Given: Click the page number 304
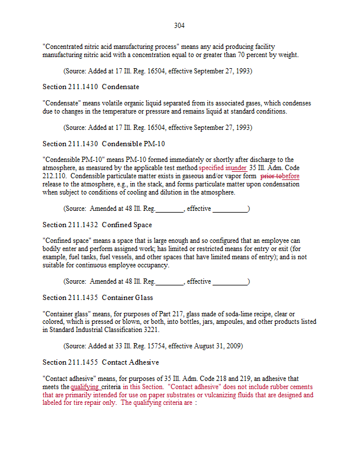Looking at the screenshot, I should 179,26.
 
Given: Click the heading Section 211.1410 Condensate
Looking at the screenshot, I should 91,87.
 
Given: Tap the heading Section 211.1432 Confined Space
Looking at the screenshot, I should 97,225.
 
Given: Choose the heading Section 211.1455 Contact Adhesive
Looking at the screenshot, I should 101,362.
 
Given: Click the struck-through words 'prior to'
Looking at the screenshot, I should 271,176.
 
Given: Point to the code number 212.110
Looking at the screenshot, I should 55,176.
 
